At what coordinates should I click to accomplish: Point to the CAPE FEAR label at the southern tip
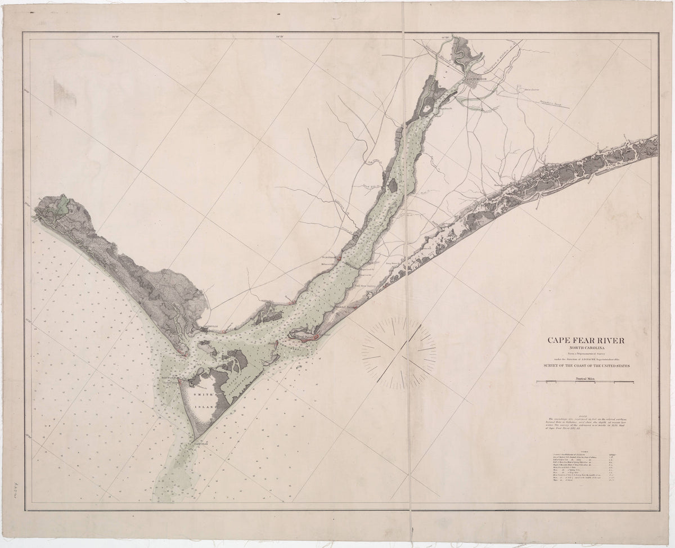193,444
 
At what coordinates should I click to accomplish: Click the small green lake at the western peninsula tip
63,200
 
